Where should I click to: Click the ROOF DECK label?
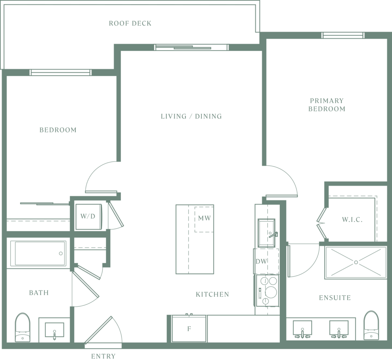coord(130,23)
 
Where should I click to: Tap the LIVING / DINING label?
coord(191,116)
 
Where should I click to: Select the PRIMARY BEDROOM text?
coord(327,105)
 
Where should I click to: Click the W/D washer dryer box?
coord(88,217)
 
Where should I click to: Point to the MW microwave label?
coord(204,218)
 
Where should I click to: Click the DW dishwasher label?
coord(261,261)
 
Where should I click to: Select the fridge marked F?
coord(189,329)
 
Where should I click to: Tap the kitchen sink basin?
coord(266,233)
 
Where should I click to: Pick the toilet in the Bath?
coord(23,327)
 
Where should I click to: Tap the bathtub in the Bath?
coord(38,253)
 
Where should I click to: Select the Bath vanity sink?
coord(54,330)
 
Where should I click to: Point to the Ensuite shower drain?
coord(356,262)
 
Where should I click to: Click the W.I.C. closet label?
coord(352,220)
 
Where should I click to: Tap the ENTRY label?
coord(103,356)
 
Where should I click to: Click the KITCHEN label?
coord(212,295)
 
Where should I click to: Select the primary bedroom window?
coord(343,35)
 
